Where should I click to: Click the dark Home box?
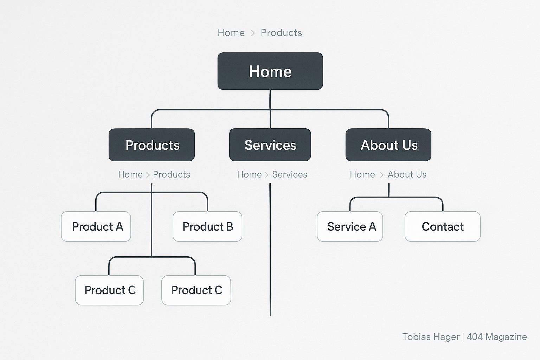click(270, 71)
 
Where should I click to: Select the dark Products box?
click(152, 145)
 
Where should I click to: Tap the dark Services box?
click(270, 145)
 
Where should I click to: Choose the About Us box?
click(388, 145)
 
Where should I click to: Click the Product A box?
click(96, 227)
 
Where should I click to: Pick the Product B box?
click(207, 227)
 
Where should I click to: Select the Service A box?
click(350, 227)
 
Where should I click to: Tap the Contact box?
click(443, 227)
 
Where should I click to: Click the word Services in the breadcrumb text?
click(289, 174)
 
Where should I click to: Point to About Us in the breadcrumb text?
click(407, 174)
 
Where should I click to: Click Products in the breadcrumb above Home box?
click(281, 33)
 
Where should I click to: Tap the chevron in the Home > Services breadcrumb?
click(267, 175)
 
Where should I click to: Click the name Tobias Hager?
click(431, 337)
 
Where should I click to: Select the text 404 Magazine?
click(497, 337)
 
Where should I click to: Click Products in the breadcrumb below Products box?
click(172, 174)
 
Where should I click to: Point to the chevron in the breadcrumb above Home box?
click(253, 33)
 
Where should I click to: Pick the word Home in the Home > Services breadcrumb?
click(249, 174)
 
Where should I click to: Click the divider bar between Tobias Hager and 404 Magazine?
click(463, 337)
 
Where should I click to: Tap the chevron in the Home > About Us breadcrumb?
click(381, 175)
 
